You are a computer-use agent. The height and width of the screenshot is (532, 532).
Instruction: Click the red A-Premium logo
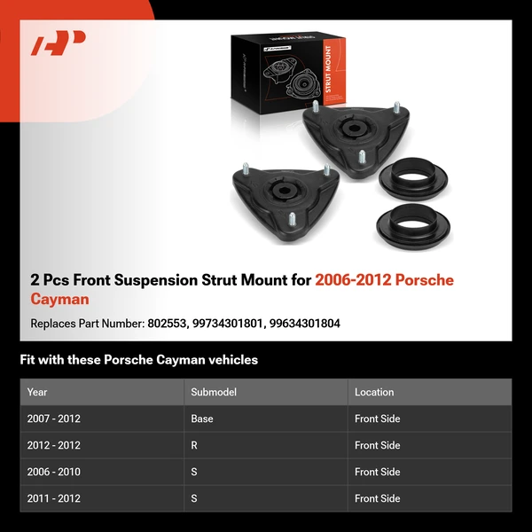[x=59, y=43]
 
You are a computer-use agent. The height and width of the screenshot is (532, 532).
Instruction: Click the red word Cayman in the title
[x=59, y=300]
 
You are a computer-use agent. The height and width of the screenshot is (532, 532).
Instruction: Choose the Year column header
[x=37, y=392]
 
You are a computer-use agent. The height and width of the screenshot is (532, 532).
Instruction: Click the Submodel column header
[x=214, y=392]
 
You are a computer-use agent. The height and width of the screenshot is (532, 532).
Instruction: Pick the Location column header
[x=374, y=392]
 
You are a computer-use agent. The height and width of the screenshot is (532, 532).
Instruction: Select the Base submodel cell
[x=202, y=419]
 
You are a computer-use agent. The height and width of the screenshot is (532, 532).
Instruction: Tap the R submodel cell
[x=194, y=445]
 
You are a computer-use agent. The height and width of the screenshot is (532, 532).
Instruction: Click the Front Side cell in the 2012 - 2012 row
[x=378, y=445]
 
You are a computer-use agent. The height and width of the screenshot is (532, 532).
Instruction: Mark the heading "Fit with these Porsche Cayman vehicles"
[x=139, y=360]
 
